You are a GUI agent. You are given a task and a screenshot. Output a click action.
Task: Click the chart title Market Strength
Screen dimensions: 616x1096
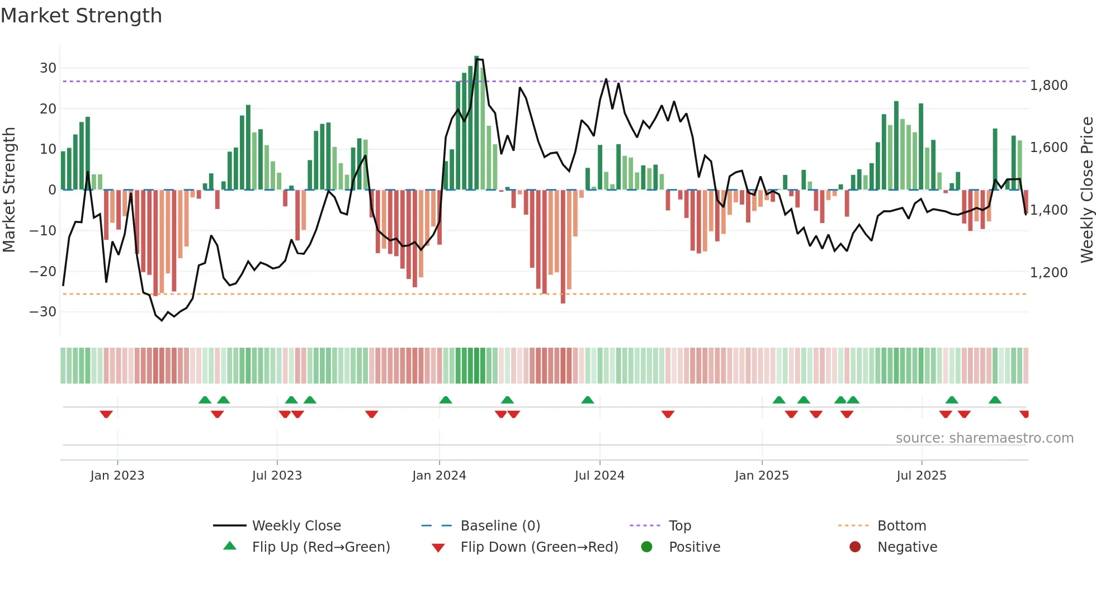pos(81,16)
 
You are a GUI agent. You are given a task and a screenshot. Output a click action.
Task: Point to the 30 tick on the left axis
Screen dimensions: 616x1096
pos(48,68)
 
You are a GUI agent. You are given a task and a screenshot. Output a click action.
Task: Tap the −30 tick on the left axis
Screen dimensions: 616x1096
pos(43,312)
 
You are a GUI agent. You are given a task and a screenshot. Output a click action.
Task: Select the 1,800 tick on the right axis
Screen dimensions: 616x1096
pos(1048,86)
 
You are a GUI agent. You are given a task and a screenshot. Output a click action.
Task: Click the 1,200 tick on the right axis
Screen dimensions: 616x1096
pos(1048,273)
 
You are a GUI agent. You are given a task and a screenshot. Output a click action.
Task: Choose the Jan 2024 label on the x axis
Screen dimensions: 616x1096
pos(439,476)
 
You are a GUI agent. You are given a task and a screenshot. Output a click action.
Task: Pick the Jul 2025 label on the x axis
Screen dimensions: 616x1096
pos(921,476)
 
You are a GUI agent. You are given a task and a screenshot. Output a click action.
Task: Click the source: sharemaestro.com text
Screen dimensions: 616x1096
pos(984,438)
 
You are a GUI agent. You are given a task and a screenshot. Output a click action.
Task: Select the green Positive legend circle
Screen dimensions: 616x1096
pos(646,547)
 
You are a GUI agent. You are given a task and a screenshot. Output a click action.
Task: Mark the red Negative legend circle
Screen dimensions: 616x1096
pos(855,547)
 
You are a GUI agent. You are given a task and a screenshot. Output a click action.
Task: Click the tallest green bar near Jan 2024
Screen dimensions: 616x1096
pos(476,123)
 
